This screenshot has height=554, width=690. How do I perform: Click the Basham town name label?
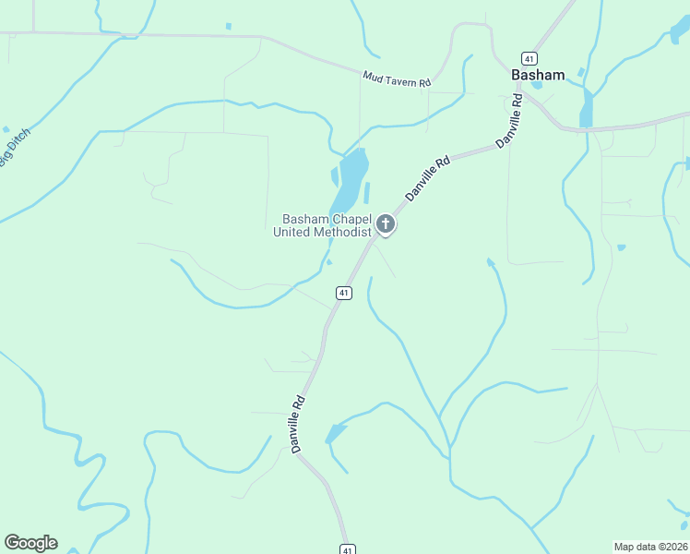coord(539,75)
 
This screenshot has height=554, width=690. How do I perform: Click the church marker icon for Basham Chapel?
coord(386,224)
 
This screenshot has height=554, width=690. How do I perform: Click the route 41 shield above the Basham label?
coord(529,56)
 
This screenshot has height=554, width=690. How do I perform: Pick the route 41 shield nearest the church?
coord(343,293)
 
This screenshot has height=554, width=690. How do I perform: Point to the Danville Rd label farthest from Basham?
coord(297,424)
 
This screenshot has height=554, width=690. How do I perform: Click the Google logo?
coord(30,543)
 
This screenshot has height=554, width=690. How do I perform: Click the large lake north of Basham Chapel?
coord(351,180)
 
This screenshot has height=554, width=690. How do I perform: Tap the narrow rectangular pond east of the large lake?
coord(366,192)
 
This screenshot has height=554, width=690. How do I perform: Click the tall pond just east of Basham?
coord(587,108)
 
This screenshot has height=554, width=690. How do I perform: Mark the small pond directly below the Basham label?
coord(537,87)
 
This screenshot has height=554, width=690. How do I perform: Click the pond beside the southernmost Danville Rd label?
coord(336,433)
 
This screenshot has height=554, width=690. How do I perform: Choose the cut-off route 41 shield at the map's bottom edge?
coord(346,548)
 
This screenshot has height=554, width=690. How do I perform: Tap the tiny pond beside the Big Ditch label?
coord(6,129)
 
